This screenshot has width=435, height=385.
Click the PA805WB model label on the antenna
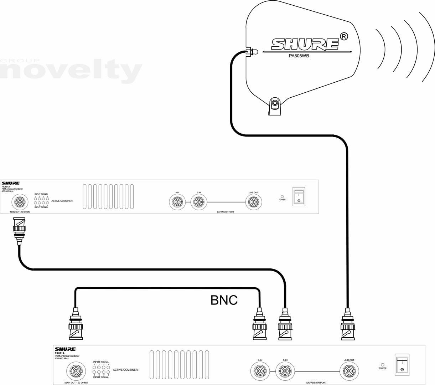coord(299,56)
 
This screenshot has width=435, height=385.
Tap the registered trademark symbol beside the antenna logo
coord(344,36)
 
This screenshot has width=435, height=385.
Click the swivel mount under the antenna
coord(275,106)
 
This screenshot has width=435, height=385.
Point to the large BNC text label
coord(224,300)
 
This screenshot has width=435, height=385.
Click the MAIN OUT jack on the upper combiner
coord(19,203)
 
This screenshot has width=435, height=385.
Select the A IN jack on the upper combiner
coord(177,202)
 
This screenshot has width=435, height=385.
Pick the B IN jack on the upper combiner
coord(198,202)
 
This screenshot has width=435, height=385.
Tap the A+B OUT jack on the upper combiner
coord(254,202)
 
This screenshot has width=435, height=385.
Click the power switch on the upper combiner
coord(299,196)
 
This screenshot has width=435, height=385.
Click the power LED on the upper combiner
coord(282,196)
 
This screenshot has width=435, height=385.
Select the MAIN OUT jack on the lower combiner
coord(76,371)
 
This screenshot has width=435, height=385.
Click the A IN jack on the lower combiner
coord(260,371)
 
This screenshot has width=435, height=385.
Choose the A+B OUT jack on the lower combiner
coord(349,371)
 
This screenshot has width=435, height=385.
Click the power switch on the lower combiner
coord(402,365)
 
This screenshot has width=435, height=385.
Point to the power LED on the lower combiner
coord(383,365)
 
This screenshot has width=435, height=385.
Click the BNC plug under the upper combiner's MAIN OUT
coord(19,230)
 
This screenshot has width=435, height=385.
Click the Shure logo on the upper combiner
coord(11,183)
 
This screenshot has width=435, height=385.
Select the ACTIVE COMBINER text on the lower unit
coord(125,370)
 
